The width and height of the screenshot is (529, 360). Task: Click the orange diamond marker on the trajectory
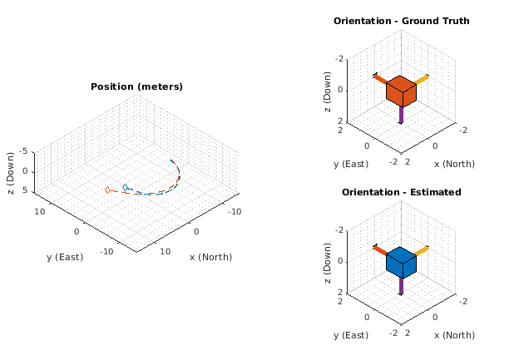tap(107, 190)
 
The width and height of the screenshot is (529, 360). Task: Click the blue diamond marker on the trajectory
tap(125, 188)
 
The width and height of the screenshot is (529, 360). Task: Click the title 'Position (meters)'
tap(136, 86)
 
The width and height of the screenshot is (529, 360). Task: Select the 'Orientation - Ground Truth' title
tap(401, 21)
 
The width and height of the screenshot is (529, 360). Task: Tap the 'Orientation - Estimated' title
tap(401, 192)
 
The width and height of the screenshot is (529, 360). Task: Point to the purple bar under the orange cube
tap(401, 115)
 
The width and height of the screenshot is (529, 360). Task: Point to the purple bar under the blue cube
tap(401, 286)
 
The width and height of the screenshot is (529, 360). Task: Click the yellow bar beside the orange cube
tap(421, 80)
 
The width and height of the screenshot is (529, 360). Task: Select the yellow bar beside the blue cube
tap(421, 250)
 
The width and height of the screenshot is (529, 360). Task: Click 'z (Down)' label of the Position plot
tap(11, 171)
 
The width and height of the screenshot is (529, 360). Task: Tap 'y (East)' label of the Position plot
tap(65, 257)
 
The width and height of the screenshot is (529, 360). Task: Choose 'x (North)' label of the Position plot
tap(211, 256)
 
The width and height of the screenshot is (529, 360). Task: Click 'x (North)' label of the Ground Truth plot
tap(454, 164)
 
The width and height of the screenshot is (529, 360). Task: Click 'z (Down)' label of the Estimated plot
tap(329, 259)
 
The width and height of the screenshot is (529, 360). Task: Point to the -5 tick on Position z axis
tap(26, 150)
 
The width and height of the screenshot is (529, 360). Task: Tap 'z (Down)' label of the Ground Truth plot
tap(329, 88)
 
